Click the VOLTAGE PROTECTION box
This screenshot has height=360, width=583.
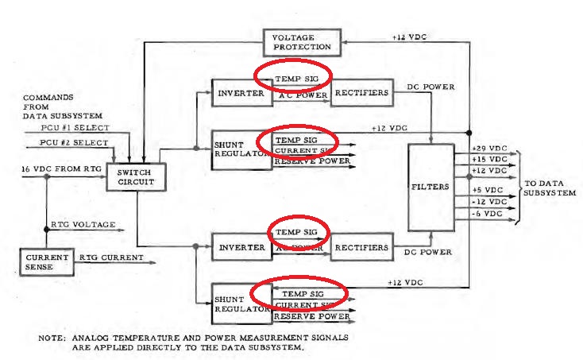(302, 42)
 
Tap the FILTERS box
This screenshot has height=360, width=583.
(430, 188)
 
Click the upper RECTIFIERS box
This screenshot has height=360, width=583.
(361, 94)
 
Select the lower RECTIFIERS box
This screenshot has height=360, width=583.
(361, 247)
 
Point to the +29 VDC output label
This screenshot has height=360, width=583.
(489, 149)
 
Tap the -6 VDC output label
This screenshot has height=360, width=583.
(487, 214)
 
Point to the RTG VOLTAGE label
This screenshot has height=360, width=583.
(82, 225)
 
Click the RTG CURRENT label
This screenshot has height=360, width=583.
(110, 257)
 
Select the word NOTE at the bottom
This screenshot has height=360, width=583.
(52, 337)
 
